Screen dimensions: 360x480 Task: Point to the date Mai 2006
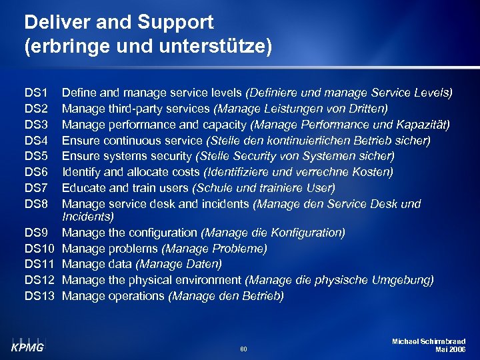tap(450, 349)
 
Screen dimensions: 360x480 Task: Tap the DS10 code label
tap(39, 249)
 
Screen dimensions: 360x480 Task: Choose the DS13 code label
tap(39, 296)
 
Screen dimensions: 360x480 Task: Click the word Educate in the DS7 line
tap(84, 189)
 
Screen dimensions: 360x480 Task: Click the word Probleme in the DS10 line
tap(241, 249)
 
